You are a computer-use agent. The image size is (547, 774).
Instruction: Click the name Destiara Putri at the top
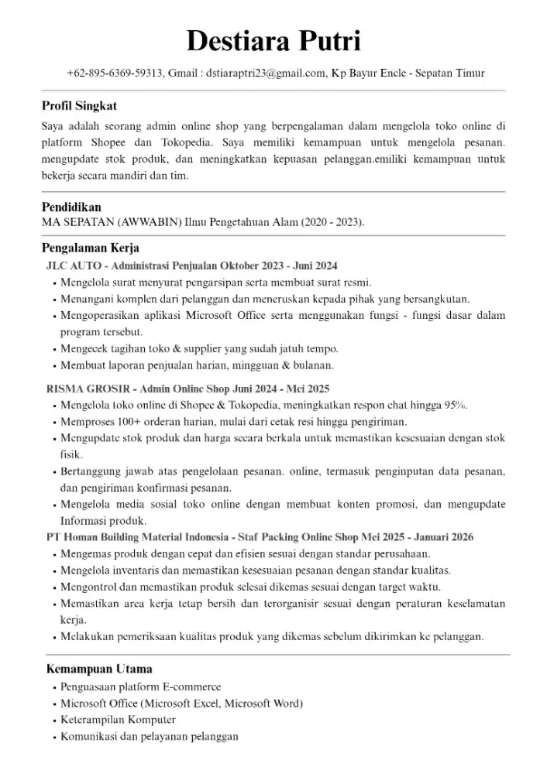point(273,41)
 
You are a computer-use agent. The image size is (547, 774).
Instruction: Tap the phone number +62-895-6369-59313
point(115,74)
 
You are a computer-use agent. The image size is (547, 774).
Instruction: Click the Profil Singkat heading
point(79,105)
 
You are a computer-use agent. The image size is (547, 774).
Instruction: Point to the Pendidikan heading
point(71,207)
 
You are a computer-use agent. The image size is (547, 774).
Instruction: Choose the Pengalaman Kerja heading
point(90,248)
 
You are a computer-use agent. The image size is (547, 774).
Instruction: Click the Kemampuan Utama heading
point(98,669)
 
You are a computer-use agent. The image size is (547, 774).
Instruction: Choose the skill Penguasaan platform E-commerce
point(140,687)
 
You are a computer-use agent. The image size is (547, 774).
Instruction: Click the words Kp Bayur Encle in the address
point(369,74)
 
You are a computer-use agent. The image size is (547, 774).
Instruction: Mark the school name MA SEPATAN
point(77,222)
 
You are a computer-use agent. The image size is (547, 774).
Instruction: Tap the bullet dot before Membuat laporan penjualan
point(54,366)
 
